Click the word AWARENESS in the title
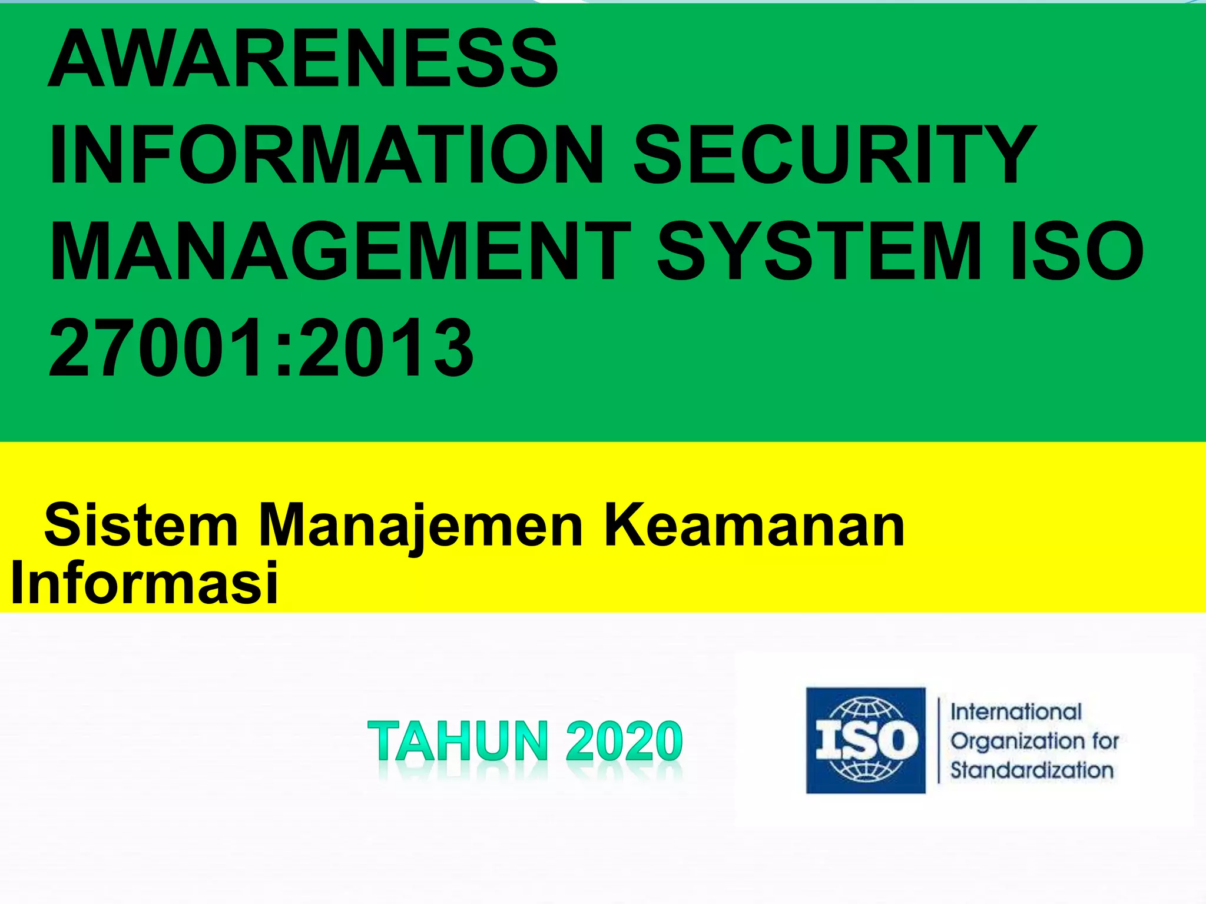tap(303, 59)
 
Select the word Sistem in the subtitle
tap(141, 525)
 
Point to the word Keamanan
tap(754, 525)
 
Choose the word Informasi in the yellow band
tap(144, 583)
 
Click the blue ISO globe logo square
tap(866, 740)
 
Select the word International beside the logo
tap(1016, 712)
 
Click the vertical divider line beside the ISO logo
tap(939, 740)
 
